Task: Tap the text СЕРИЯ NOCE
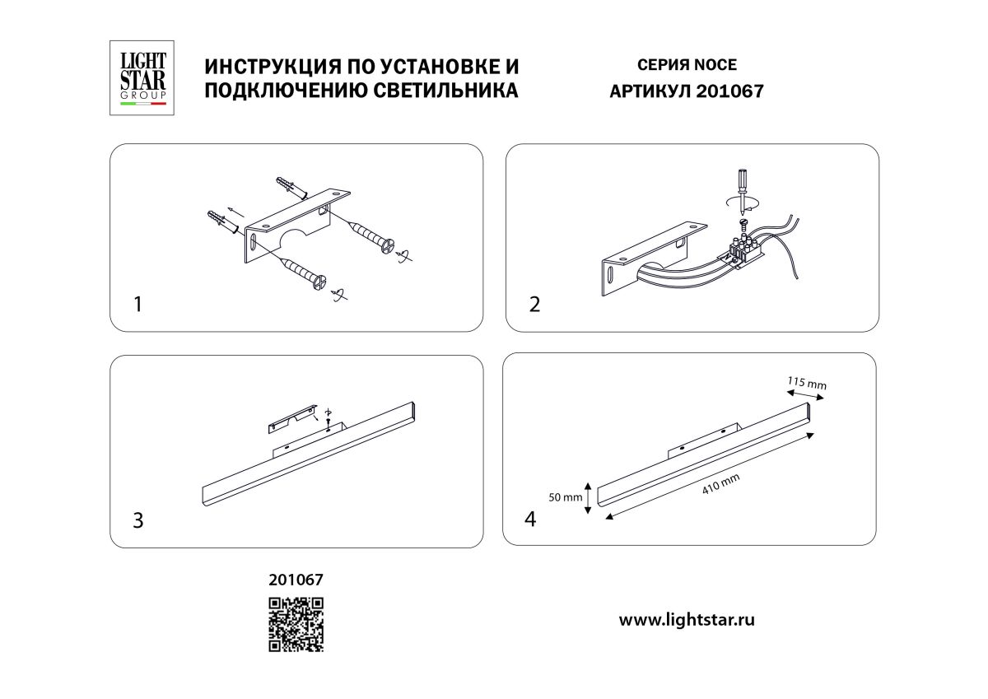687,65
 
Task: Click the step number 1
138,305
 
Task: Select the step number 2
535,305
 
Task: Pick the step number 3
138,520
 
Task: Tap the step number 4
531,520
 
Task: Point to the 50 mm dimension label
566,497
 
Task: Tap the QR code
296,624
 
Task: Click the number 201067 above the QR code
296,580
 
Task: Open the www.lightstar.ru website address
687,620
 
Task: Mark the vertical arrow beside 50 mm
587,497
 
